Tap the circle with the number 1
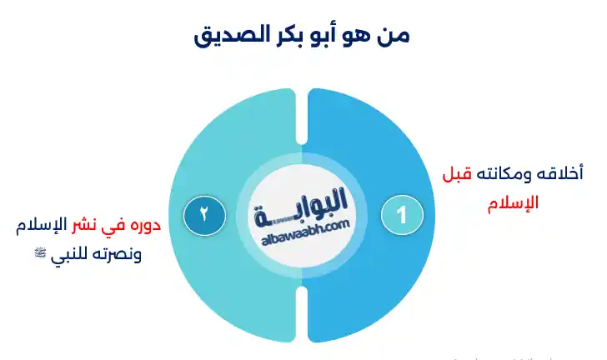click(401, 215)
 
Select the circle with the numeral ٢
click(202, 215)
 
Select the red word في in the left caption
click(113, 225)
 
